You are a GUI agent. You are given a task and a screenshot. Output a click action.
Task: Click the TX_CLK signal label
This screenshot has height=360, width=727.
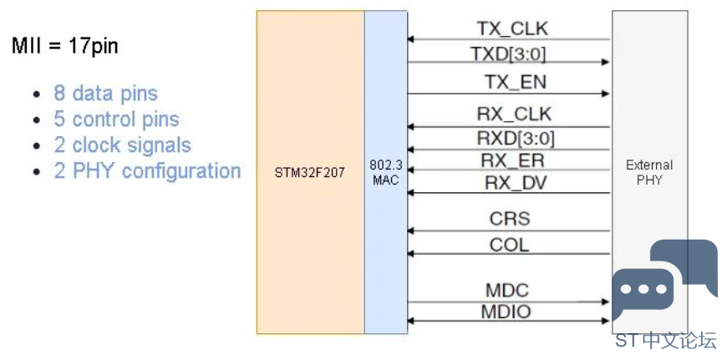click(512, 28)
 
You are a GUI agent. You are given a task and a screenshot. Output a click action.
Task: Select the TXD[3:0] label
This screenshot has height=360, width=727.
click(509, 54)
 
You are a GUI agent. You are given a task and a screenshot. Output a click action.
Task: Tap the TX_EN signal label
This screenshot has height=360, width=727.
click(516, 82)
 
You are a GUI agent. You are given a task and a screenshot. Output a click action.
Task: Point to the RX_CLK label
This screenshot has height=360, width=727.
click(514, 114)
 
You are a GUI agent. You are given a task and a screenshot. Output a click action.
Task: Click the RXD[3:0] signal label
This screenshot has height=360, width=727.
click(515, 138)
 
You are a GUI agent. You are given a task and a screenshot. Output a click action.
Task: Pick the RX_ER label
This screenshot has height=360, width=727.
click(512, 160)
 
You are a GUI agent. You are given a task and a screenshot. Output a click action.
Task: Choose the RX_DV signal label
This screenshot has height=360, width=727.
click(516, 183)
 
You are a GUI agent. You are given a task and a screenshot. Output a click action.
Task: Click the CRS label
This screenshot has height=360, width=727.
click(510, 219)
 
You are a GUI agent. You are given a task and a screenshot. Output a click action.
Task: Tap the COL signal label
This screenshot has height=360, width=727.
click(509, 245)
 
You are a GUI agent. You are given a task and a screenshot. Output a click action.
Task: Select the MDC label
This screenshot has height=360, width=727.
click(507, 291)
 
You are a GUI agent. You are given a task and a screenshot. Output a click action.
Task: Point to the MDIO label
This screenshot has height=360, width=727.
click(506, 312)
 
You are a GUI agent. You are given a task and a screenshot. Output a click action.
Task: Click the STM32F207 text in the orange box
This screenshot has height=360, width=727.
click(310, 175)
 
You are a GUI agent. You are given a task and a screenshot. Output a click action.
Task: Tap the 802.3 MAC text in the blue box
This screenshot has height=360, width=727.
click(386, 172)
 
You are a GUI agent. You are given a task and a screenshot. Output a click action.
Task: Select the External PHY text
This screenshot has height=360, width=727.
click(649, 172)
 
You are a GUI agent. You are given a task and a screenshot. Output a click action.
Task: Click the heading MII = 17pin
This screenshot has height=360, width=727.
click(65, 46)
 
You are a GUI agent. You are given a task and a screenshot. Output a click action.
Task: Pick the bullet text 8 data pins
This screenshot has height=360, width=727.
click(106, 93)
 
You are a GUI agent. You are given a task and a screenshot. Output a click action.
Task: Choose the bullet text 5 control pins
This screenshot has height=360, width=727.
click(116, 119)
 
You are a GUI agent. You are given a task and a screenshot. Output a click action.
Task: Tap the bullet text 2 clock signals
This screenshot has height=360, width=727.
click(122, 145)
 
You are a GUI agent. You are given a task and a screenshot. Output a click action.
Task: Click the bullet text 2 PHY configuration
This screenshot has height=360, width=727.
click(147, 171)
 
